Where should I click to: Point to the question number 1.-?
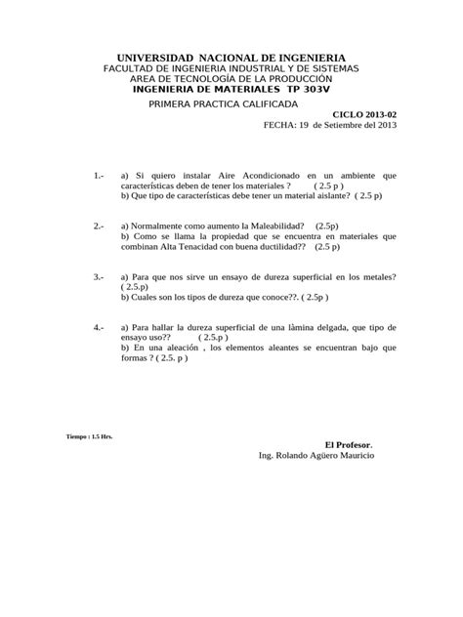tap(100, 175)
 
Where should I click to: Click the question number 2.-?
tap(100, 226)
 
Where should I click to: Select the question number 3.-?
tap(100, 277)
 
